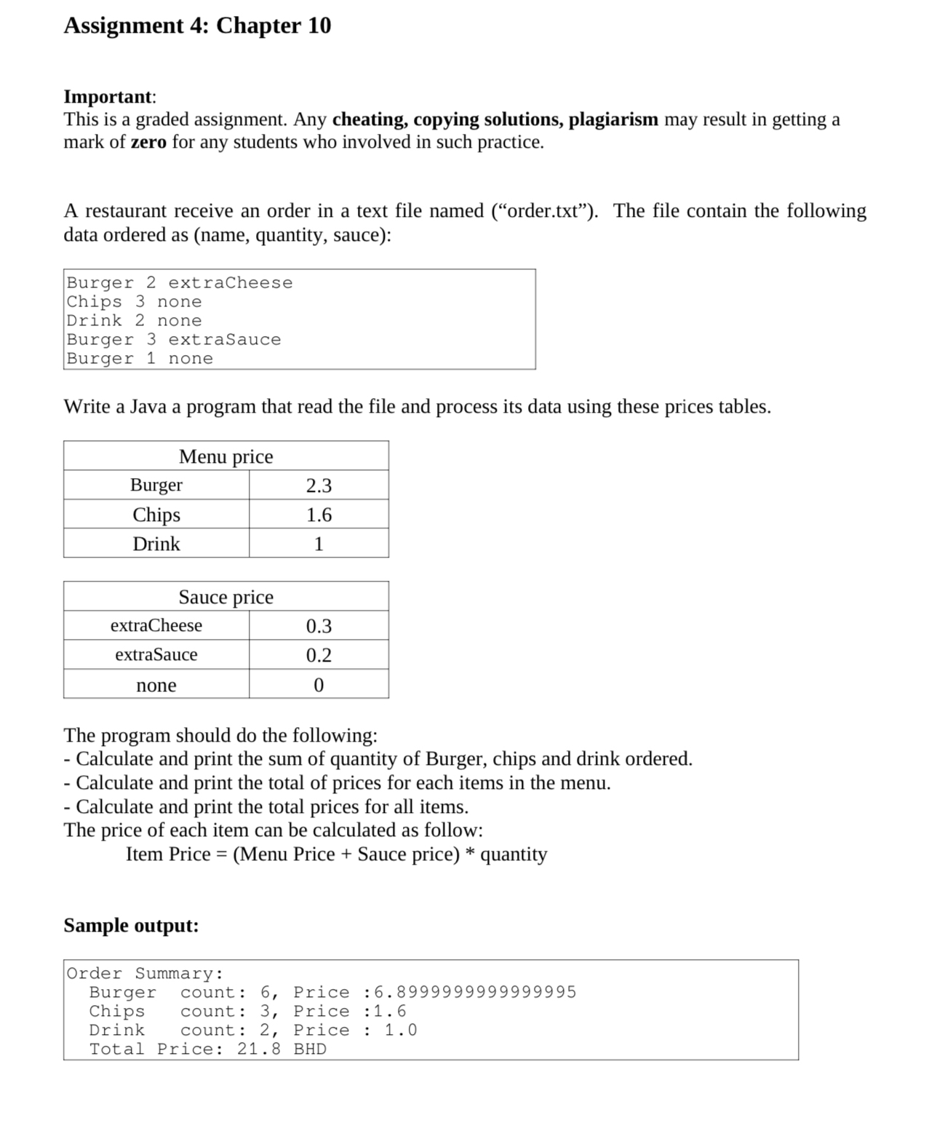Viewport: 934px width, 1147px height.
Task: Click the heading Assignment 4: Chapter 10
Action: coord(197,25)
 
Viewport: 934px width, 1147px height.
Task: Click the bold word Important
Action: coord(108,96)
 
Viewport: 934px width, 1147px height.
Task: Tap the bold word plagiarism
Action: coord(613,119)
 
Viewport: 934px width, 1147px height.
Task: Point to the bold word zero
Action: coord(148,142)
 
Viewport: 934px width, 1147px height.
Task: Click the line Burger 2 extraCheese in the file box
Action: coord(180,282)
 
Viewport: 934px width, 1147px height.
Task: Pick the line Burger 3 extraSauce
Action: coord(174,339)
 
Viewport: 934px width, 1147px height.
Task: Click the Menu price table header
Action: coord(226,456)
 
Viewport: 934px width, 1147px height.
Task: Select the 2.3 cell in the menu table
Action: coord(319,485)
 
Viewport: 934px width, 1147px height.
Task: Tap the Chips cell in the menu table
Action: coord(156,515)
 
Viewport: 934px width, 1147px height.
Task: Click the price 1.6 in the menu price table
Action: coord(319,515)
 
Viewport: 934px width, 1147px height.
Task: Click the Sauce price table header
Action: coord(226,597)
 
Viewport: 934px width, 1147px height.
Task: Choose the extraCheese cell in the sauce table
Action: coord(156,626)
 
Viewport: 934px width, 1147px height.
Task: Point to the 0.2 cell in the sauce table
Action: coord(319,655)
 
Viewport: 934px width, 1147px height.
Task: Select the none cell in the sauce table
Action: coord(156,685)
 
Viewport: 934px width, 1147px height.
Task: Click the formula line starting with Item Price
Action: coord(336,854)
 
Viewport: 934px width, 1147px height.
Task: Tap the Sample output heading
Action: coord(131,925)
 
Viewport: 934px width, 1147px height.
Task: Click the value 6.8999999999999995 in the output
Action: coord(475,992)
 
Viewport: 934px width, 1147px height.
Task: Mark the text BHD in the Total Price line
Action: coord(310,1049)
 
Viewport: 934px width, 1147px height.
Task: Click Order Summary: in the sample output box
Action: coord(145,973)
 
